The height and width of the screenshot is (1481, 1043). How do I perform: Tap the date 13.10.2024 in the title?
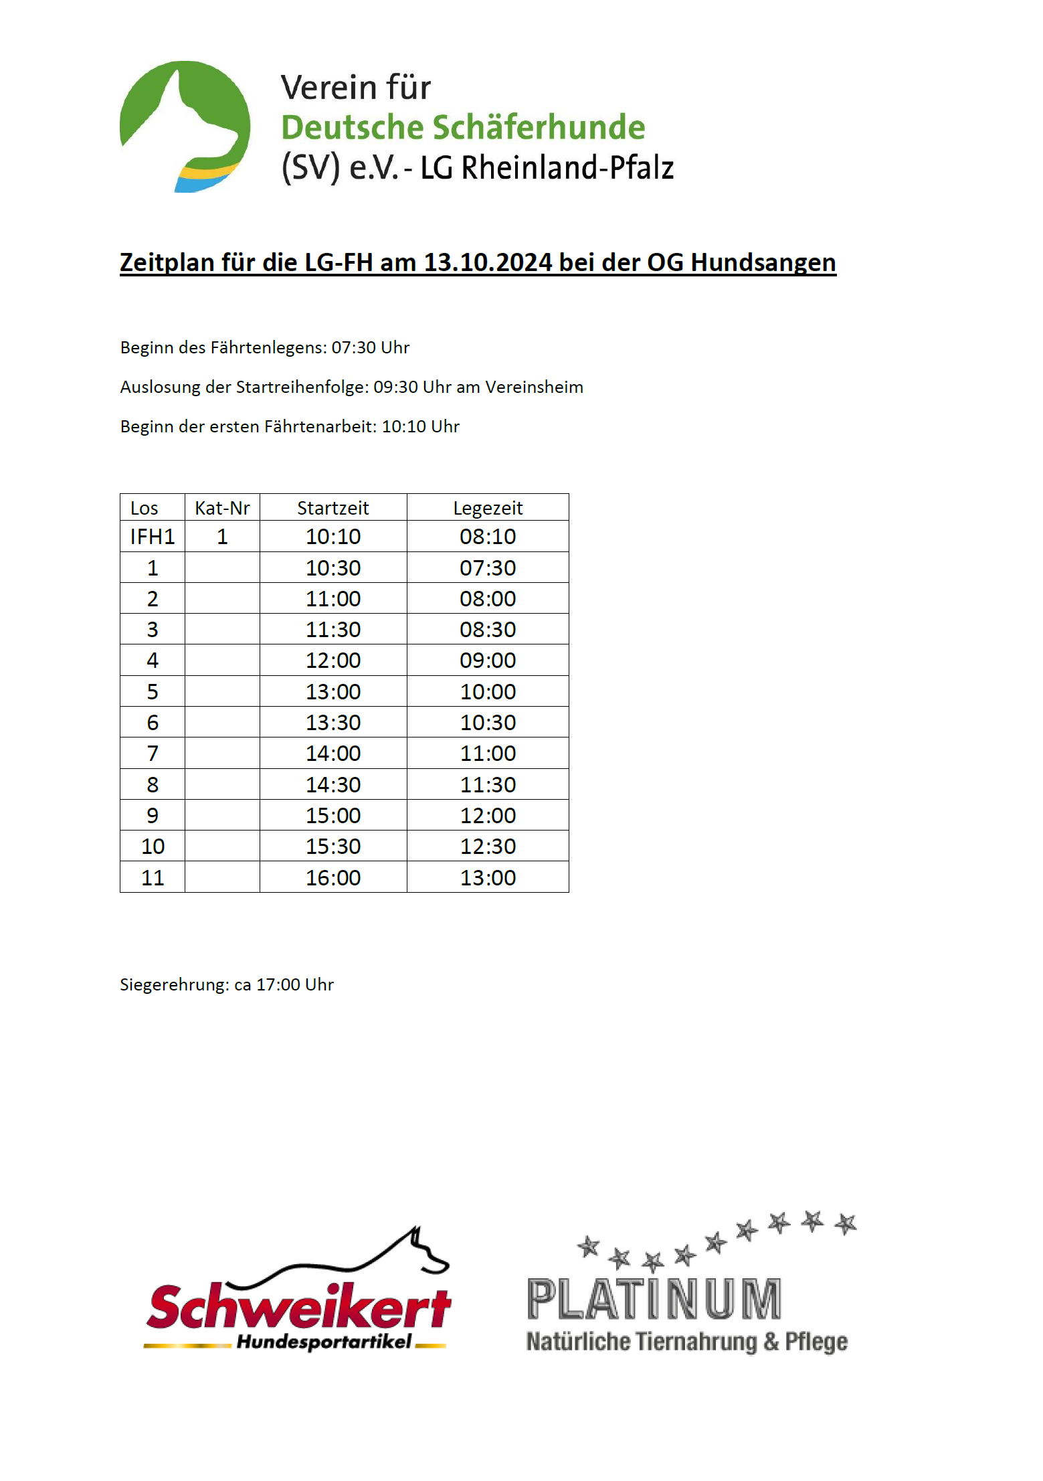(x=488, y=262)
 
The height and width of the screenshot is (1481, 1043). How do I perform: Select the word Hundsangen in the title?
(x=763, y=262)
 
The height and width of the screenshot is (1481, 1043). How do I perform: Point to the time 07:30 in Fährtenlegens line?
(x=353, y=348)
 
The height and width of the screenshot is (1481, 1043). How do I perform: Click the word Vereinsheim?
(x=534, y=387)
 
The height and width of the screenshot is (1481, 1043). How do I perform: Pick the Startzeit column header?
(x=333, y=508)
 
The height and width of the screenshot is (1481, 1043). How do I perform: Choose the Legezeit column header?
(x=488, y=508)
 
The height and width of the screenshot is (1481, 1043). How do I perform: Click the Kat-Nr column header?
(x=222, y=508)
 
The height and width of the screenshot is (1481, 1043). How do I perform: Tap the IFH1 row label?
(x=153, y=537)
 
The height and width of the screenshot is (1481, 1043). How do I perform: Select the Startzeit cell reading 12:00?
(x=333, y=661)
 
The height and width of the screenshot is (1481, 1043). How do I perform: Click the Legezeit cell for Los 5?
(x=488, y=691)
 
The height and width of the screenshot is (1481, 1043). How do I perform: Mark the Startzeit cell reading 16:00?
(x=333, y=877)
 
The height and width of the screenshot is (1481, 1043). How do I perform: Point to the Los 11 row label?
(x=153, y=877)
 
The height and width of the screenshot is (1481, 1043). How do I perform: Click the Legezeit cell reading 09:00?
(x=488, y=661)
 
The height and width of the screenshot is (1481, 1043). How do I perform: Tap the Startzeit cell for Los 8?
(x=333, y=784)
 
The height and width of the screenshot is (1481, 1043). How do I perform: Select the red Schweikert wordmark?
(x=298, y=1306)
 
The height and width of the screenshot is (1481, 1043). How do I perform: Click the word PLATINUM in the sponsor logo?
(x=654, y=1299)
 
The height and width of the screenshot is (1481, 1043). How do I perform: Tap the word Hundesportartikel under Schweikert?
(x=324, y=1342)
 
